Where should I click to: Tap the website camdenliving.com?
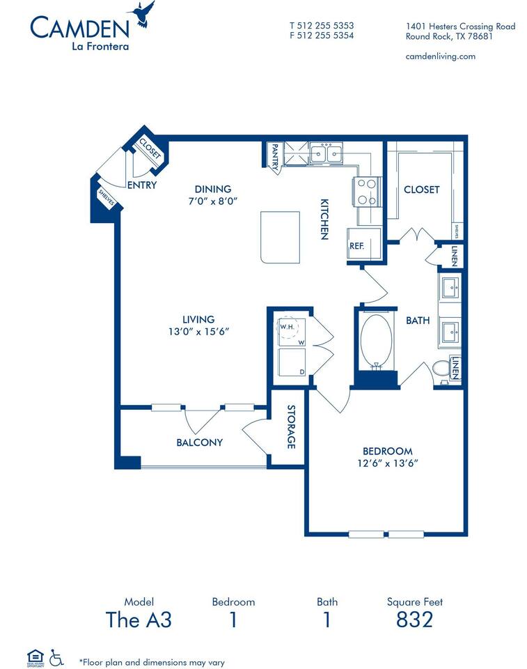(440, 56)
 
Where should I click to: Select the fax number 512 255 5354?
(322, 35)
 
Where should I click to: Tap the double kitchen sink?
(325, 152)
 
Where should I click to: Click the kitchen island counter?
(280, 237)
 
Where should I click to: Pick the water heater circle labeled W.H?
(288, 327)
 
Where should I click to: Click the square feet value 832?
(414, 619)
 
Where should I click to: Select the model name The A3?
(139, 619)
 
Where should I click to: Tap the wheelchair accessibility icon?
(56, 656)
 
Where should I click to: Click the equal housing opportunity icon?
(34, 656)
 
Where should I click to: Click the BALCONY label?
(199, 442)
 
